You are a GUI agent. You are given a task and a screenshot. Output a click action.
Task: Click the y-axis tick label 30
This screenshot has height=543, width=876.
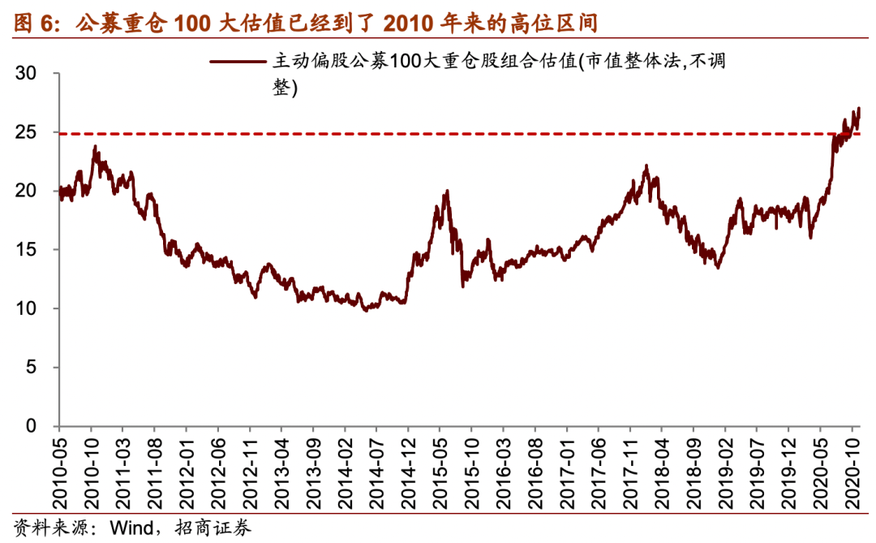pos(27,74)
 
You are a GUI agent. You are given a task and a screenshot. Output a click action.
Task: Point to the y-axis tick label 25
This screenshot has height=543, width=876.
pos(27,132)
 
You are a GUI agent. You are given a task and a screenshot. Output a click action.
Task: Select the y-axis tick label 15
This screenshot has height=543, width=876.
pos(27,250)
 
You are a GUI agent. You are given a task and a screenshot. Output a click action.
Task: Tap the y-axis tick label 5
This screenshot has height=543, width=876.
pos(32,368)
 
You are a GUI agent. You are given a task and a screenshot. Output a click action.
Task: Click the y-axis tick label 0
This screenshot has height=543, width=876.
pos(32,426)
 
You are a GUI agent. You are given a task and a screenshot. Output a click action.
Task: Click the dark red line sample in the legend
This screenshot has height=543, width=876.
pos(237,60)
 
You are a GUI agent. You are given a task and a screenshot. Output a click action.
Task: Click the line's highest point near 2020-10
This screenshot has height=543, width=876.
pos(858,108)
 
